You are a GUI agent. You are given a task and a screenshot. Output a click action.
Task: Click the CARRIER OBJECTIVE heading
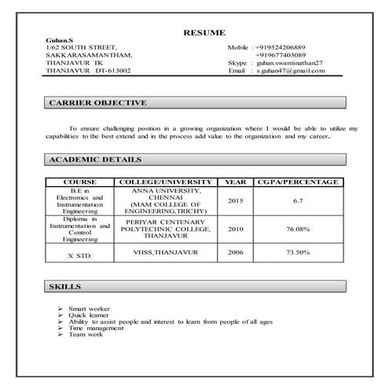click(97, 103)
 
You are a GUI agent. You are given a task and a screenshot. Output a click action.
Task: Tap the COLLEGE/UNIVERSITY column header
click(164, 182)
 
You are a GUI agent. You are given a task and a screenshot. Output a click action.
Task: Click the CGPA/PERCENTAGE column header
click(298, 182)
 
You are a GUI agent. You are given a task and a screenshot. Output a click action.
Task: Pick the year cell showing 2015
click(236, 200)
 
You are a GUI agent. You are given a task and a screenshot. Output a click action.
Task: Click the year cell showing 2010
click(236, 229)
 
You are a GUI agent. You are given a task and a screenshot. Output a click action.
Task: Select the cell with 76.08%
click(298, 229)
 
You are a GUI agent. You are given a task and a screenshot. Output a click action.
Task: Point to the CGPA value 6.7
click(298, 200)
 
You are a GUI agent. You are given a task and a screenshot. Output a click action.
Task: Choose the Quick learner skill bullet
click(90, 315)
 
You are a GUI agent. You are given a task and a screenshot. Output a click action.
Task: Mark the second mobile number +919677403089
click(282, 55)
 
